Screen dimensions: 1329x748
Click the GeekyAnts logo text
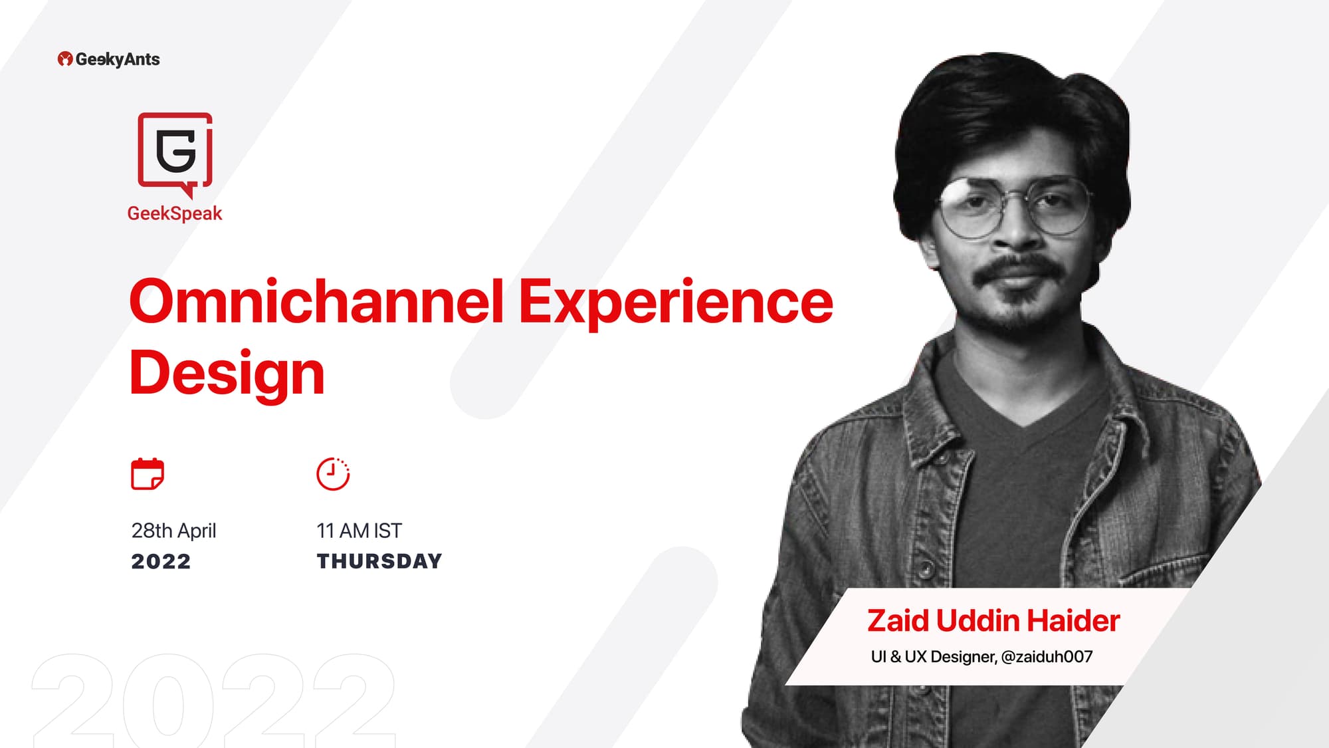coord(118,59)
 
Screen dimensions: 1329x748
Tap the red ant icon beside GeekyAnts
coord(64,59)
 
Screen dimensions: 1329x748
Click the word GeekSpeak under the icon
coord(175,213)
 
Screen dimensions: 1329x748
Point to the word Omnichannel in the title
coord(316,301)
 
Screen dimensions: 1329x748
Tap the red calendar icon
coord(148,474)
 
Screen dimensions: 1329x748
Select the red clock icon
coord(333,474)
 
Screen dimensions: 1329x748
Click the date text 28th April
coord(173,531)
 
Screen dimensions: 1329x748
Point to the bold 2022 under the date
coord(161,562)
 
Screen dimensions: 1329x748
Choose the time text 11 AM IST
coord(359,531)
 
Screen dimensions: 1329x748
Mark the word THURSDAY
coord(379,562)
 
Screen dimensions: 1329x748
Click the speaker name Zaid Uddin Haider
coord(993,621)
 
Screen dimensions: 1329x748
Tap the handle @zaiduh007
coord(1047,657)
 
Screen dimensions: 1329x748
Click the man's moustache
coord(1020,268)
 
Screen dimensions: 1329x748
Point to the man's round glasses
coord(1013,207)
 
